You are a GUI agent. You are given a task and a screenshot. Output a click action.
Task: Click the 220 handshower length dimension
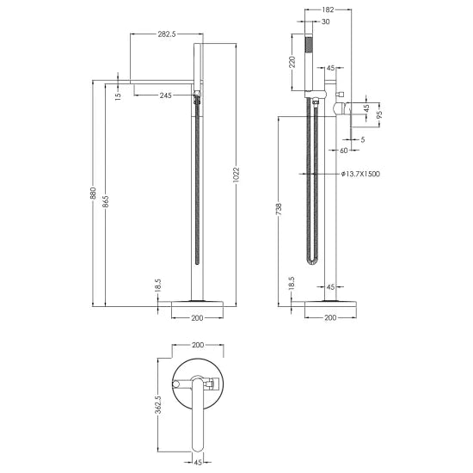(x=292, y=62)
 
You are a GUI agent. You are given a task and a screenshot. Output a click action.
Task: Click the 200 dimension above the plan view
(x=198, y=344)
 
